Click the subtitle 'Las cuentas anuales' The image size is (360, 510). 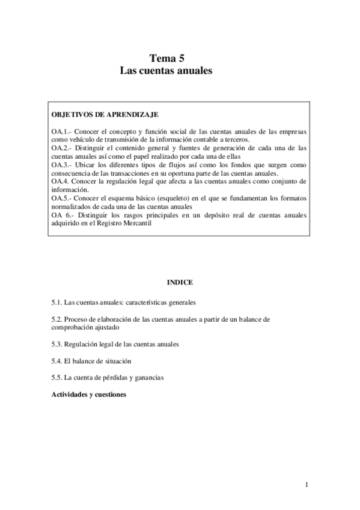point(167,70)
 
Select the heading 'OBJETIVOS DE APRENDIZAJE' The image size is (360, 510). point(105,114)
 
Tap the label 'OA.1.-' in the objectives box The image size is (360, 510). point(61,131)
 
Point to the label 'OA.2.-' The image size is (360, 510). point(61,147)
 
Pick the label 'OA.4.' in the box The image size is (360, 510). point(60,180)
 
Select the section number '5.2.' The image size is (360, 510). point(56,319)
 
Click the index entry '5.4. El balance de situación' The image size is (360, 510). point(91,361)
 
